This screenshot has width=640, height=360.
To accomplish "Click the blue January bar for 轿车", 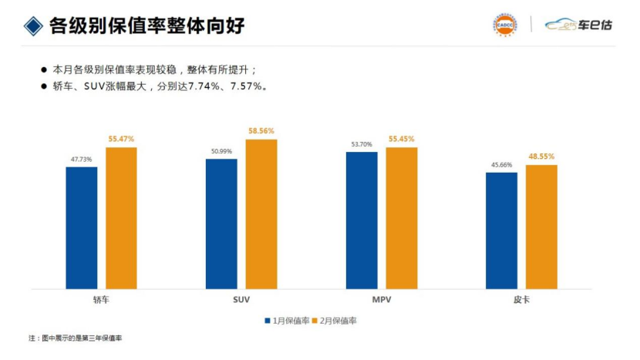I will point(81,227).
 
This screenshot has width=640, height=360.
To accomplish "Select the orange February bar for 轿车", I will point(121,217).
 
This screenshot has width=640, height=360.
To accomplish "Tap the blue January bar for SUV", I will point(221,224).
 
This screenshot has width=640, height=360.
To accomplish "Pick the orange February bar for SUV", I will point(261,214).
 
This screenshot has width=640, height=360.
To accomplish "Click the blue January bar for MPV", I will point(362,220).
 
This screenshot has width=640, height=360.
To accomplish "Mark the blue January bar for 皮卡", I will point(501,230).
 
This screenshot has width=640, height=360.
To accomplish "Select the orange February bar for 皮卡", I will point(541,227).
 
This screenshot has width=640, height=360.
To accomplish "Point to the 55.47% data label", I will point(121,139).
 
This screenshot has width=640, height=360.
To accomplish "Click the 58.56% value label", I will point(261,131).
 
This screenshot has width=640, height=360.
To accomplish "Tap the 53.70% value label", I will point(362,144).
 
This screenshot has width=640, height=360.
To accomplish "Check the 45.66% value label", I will point(501,164).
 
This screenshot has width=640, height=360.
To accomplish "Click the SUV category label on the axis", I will point(241,298).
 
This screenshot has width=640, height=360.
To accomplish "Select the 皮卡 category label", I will point(521,298).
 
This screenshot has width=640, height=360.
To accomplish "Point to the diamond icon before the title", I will point(32,25).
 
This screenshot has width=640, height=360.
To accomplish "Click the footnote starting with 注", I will point(76,339).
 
